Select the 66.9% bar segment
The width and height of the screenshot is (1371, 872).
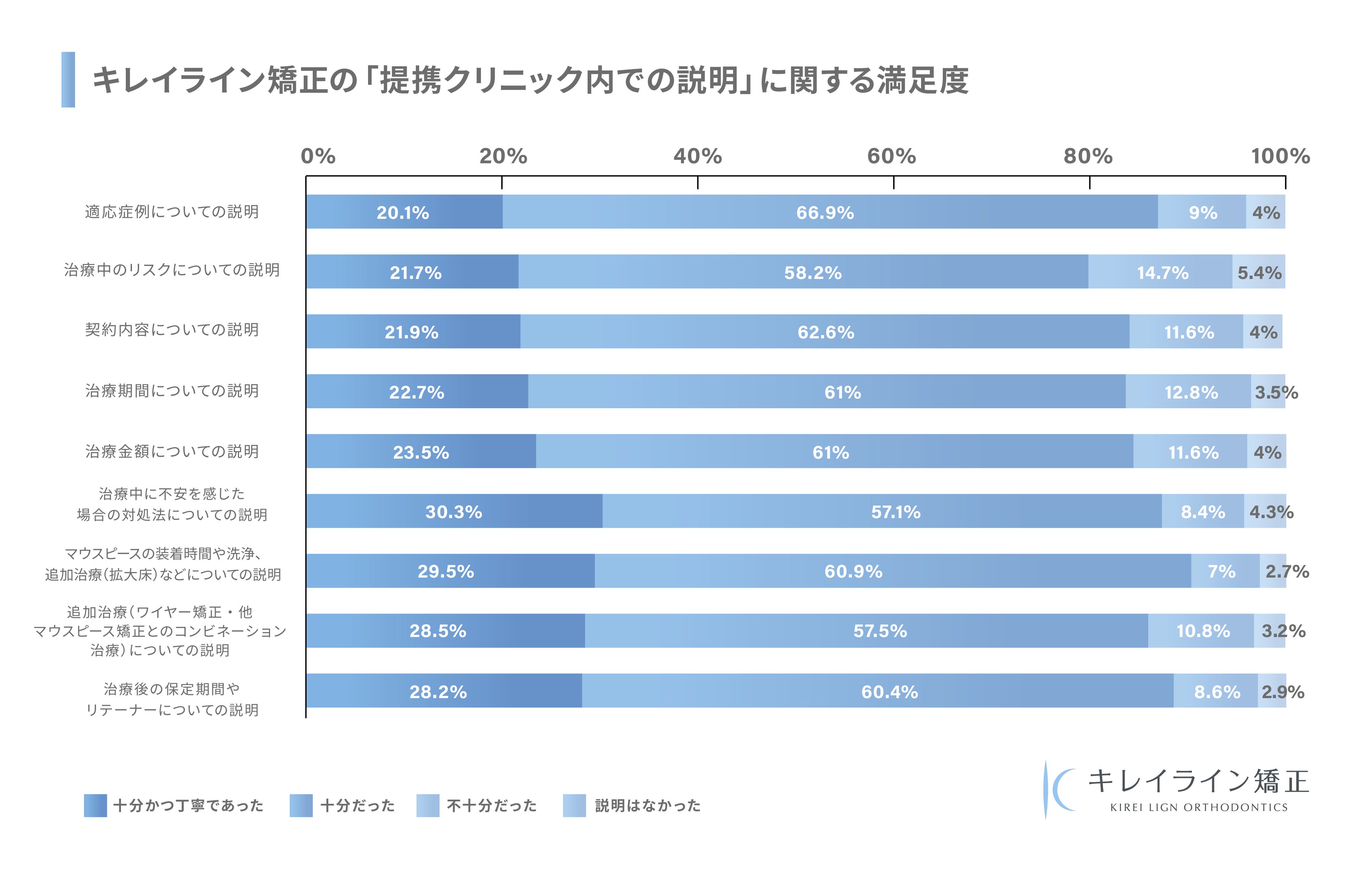click(830, 212)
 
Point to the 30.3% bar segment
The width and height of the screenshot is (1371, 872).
click(454, 511)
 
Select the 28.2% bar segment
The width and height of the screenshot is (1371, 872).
click(444, 691)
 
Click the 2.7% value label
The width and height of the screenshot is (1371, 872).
click(1286, 572)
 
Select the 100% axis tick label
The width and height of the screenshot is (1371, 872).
click(1280, 156)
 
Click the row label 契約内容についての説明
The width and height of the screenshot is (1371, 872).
click(172, 330)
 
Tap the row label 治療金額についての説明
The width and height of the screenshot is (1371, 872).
click(172, 451)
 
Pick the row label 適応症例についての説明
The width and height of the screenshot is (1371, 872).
click(172, 212)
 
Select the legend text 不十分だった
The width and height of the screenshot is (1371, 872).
click(491, 805)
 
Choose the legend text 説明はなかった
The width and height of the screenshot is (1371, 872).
click(647, 805)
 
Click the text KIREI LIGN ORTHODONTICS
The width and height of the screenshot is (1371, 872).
click(1198, 807)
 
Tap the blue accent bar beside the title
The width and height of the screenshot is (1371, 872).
click(68, 80)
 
